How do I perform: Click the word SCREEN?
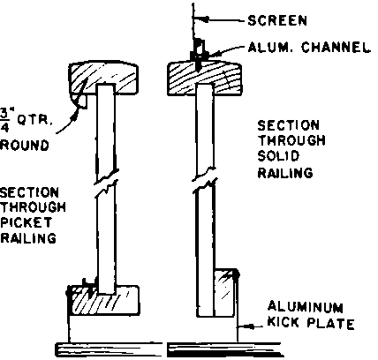(x=277, y=20)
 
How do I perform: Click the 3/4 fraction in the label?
(x=4, y=121)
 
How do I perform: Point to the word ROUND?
(x=24, y=146)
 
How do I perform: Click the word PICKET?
(x=26, y=222)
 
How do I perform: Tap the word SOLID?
(x=278, y=156)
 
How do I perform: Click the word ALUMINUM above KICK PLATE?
(x=306, y=307)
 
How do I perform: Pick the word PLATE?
(x=330, y=323)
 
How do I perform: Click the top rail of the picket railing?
(x=103, y=79)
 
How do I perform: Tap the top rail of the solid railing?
(x=205, y=79)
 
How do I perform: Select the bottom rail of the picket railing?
(x=103, y=301)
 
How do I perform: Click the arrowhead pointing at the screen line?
(x=204, y=19)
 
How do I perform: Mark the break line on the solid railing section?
(x=205, y=180)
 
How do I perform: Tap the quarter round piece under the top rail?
(x=80, y=101)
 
